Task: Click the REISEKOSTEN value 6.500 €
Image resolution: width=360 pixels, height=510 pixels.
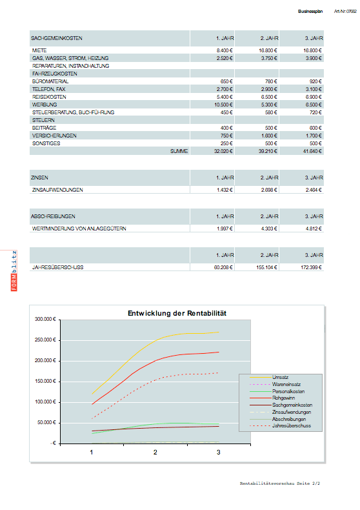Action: tap(268, 96)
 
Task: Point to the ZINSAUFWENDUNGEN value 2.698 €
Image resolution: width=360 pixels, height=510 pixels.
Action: tap(268, 190)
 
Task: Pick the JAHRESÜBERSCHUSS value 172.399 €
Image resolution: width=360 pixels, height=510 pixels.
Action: tap(310, 267)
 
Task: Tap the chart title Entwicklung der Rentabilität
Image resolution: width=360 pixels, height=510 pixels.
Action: tap(177, 313)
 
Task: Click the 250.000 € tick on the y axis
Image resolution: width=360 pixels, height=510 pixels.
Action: tap(46, 340)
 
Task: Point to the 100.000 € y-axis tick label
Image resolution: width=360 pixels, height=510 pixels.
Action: tap(46, 402)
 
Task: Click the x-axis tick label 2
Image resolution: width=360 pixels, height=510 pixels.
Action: tap(155, 453)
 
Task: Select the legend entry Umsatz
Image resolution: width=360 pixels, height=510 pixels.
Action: tap(280, 377)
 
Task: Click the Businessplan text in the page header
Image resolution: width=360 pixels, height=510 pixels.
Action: tap(310, 12)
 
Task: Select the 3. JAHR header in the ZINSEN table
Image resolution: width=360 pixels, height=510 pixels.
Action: tap(314, 177)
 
